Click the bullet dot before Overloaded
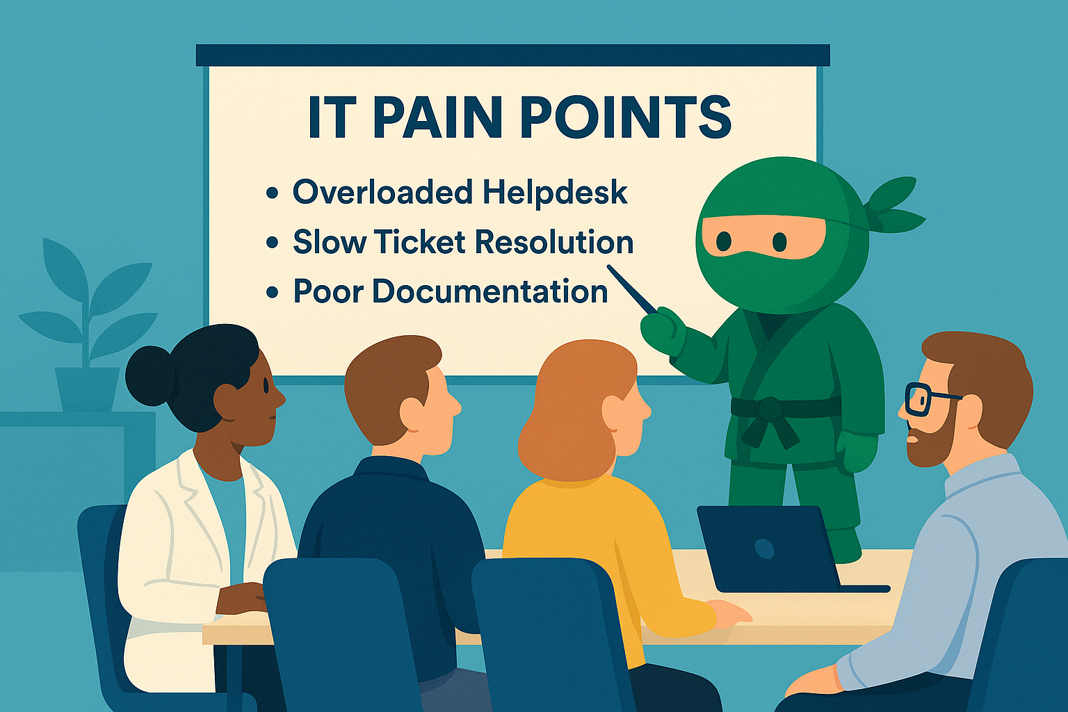tap(273, 193)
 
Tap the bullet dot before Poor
tap(273, 292)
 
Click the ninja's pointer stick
tap(631, 289)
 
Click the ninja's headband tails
tap(896, 204)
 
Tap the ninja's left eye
tap(725, 241)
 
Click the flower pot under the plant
tap(87, 389)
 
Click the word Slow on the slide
tap(329, 242)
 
